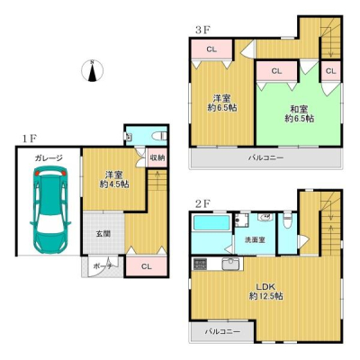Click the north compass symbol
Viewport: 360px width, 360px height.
pyautogui.click(x=93, y=71)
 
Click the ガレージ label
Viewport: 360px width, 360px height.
pyautogui.click(x=49, y=157)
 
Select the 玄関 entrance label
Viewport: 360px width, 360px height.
pyautogui.click(x=103, y=234)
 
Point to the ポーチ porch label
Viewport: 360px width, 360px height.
pyautogui.click(x=103, y=266)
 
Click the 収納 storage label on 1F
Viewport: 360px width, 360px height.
pyautogui.click(x=157, y=157)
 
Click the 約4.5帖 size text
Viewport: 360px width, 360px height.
pyautogui.click(x=114, y=184)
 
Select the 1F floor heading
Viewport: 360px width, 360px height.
pyautogui.click(x=29, y=139)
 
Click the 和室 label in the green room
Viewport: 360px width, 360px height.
pyautogui.click(x=299, y=109)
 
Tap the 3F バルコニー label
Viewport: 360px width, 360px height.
pyautogui.click(x=265, y=157)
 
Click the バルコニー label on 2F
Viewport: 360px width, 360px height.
pyautogui.click(x=222, y=332)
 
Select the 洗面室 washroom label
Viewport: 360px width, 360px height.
pyautogui.click(x=255, y=240)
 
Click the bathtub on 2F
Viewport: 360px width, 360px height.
pyautogui.click(x=211, y=223)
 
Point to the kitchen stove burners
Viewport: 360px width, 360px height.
pyautogui.click(x=199, y=264)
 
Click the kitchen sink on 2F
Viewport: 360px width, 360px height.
pyautogui.click(x=229, y=264)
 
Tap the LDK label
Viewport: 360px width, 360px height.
pyautogui.click(x=265, y=286)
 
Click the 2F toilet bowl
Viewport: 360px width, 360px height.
pyautogui.click(x=287, y=220)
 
